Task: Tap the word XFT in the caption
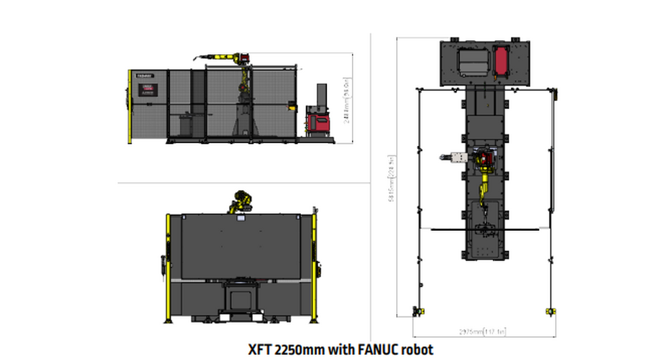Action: pos(259,349)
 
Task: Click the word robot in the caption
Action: pos(416,349)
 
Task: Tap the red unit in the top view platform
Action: pos(500,60)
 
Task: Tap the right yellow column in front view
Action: pos(315,268)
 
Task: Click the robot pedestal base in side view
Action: pos(242,124)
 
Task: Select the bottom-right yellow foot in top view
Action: pos(551,310)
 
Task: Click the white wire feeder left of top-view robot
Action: pos(458,158)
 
